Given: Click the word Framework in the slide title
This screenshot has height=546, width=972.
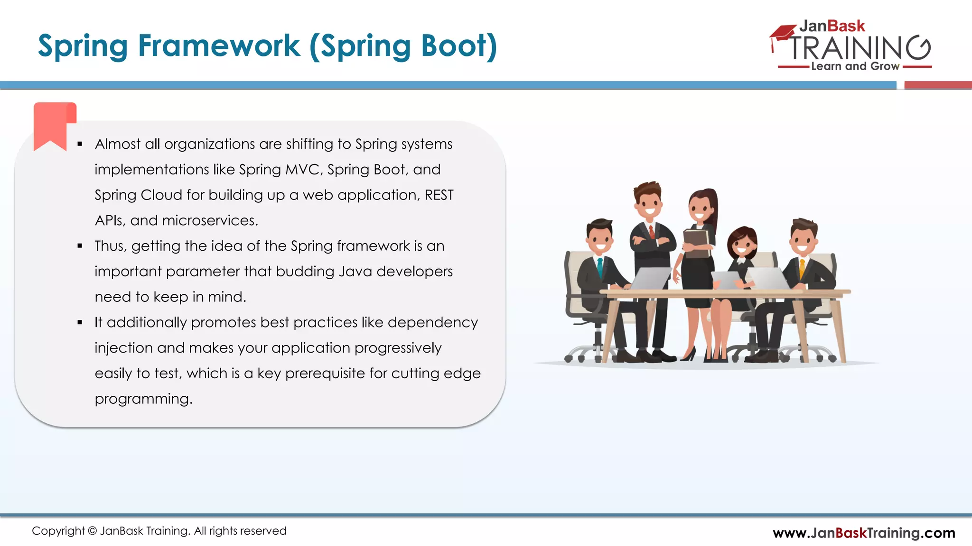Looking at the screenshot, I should pos(219,46).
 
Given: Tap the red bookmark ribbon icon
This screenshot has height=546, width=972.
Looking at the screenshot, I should pos(54,125).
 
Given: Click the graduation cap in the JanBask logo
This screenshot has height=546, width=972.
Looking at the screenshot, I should pos(782,33).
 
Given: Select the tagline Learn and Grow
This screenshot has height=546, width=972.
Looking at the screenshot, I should pos(855,66).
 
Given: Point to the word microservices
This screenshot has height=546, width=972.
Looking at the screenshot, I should pos(210,220).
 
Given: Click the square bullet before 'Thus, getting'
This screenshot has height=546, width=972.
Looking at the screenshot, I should pos(80,246).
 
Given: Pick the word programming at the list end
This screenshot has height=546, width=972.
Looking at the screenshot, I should pos(143,399).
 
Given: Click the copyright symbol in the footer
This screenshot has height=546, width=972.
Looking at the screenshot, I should pos(93,531).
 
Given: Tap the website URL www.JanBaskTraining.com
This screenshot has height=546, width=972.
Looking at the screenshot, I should pos(863,533).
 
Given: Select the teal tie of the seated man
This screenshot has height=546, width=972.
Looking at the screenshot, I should pos(600,268).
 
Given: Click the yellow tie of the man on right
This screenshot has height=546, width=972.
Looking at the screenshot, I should pos(802,269).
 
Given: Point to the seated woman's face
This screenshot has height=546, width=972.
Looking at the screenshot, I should pos(741,245).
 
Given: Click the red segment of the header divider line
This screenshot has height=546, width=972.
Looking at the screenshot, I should pos(937,85).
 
